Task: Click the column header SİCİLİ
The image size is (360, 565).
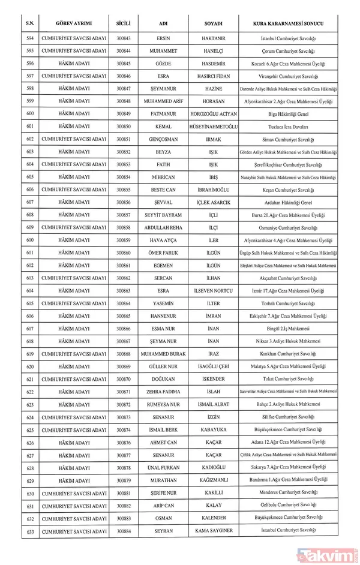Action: click(124, 23)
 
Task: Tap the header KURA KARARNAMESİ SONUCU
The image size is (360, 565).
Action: click(289, 23)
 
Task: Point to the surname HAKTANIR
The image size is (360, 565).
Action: click(213, 38)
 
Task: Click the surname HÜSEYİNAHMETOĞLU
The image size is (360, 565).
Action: click(213, 126)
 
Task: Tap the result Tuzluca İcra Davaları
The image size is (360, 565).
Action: click(289, 126)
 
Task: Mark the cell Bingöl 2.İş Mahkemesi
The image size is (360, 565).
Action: click(289, 329)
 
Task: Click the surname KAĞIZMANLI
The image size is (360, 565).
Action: click(213, 480)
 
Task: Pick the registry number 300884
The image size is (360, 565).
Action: click(124, 531)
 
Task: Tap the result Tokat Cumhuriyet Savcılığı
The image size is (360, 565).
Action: click(289, 379)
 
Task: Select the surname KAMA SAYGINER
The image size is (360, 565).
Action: click(213, 531)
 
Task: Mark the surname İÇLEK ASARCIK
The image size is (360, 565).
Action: click(213, 202)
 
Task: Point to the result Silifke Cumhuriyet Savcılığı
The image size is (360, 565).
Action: click(289, 417)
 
